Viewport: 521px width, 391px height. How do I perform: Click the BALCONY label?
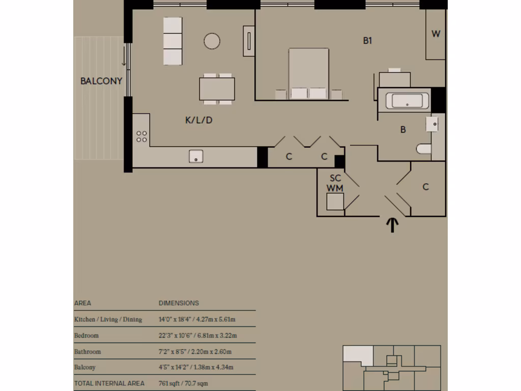[101, 81]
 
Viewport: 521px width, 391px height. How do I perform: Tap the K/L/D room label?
[198, 121]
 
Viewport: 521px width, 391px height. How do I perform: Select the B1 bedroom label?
[367, 41]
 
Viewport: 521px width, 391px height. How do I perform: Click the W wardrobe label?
[436, 34]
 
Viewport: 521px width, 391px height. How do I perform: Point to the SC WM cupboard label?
[335, 183]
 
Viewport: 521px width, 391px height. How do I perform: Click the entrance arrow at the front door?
[392, 225]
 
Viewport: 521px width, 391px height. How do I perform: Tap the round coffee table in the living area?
[212, 41]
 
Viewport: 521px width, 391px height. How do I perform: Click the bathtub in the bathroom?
[407, 101]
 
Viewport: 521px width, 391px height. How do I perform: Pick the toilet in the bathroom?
[423, 149]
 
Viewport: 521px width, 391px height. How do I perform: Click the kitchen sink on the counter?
[196, 156]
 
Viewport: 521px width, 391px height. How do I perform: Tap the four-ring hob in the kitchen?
[141, 136]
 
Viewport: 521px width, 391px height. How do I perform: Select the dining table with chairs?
[217, 89]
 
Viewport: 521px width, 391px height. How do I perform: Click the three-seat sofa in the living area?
[172, 41]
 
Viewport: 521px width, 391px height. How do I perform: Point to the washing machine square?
[335, 203]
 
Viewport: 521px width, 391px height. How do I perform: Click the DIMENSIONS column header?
[179, 303]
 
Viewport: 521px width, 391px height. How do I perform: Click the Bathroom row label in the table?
[88, 352]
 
